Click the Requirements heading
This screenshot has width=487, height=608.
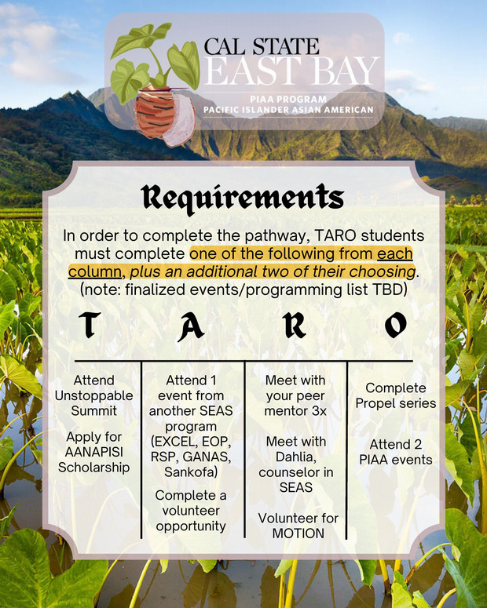coord(243,198)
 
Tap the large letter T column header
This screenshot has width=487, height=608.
coord(90,325)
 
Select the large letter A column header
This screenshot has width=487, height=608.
coord(191,327)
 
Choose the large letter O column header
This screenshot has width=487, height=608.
coord(396,325)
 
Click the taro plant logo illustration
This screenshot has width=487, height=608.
coord(156,83)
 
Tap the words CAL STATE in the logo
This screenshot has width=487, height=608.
coord(262,46)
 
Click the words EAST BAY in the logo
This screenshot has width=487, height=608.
coord(291,71)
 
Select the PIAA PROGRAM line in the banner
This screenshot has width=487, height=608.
coord(288,100)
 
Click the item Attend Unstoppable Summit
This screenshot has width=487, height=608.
coord(93,395)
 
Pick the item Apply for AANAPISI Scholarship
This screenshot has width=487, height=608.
coord(93,452)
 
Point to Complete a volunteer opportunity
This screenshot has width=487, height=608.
coord(191,510)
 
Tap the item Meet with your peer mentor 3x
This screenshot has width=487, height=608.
coord(295,395)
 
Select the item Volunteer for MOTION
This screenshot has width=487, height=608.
coord(298,526)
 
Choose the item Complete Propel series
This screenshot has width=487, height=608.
coord(395,395)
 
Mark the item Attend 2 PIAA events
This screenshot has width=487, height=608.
coord(395,452)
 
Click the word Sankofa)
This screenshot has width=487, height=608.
coord(191,472)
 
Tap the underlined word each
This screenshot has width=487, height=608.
coord(395,253)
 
